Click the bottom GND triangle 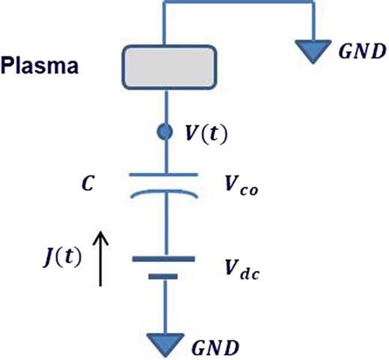(x=163, y=343)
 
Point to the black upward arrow (x=103, y=258)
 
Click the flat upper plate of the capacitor (x=163, y=175)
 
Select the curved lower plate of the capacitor (x=163, y=192)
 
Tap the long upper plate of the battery (x=163, y=259)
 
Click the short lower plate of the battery (x=163, y=275)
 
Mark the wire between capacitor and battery (x=163, y=225)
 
